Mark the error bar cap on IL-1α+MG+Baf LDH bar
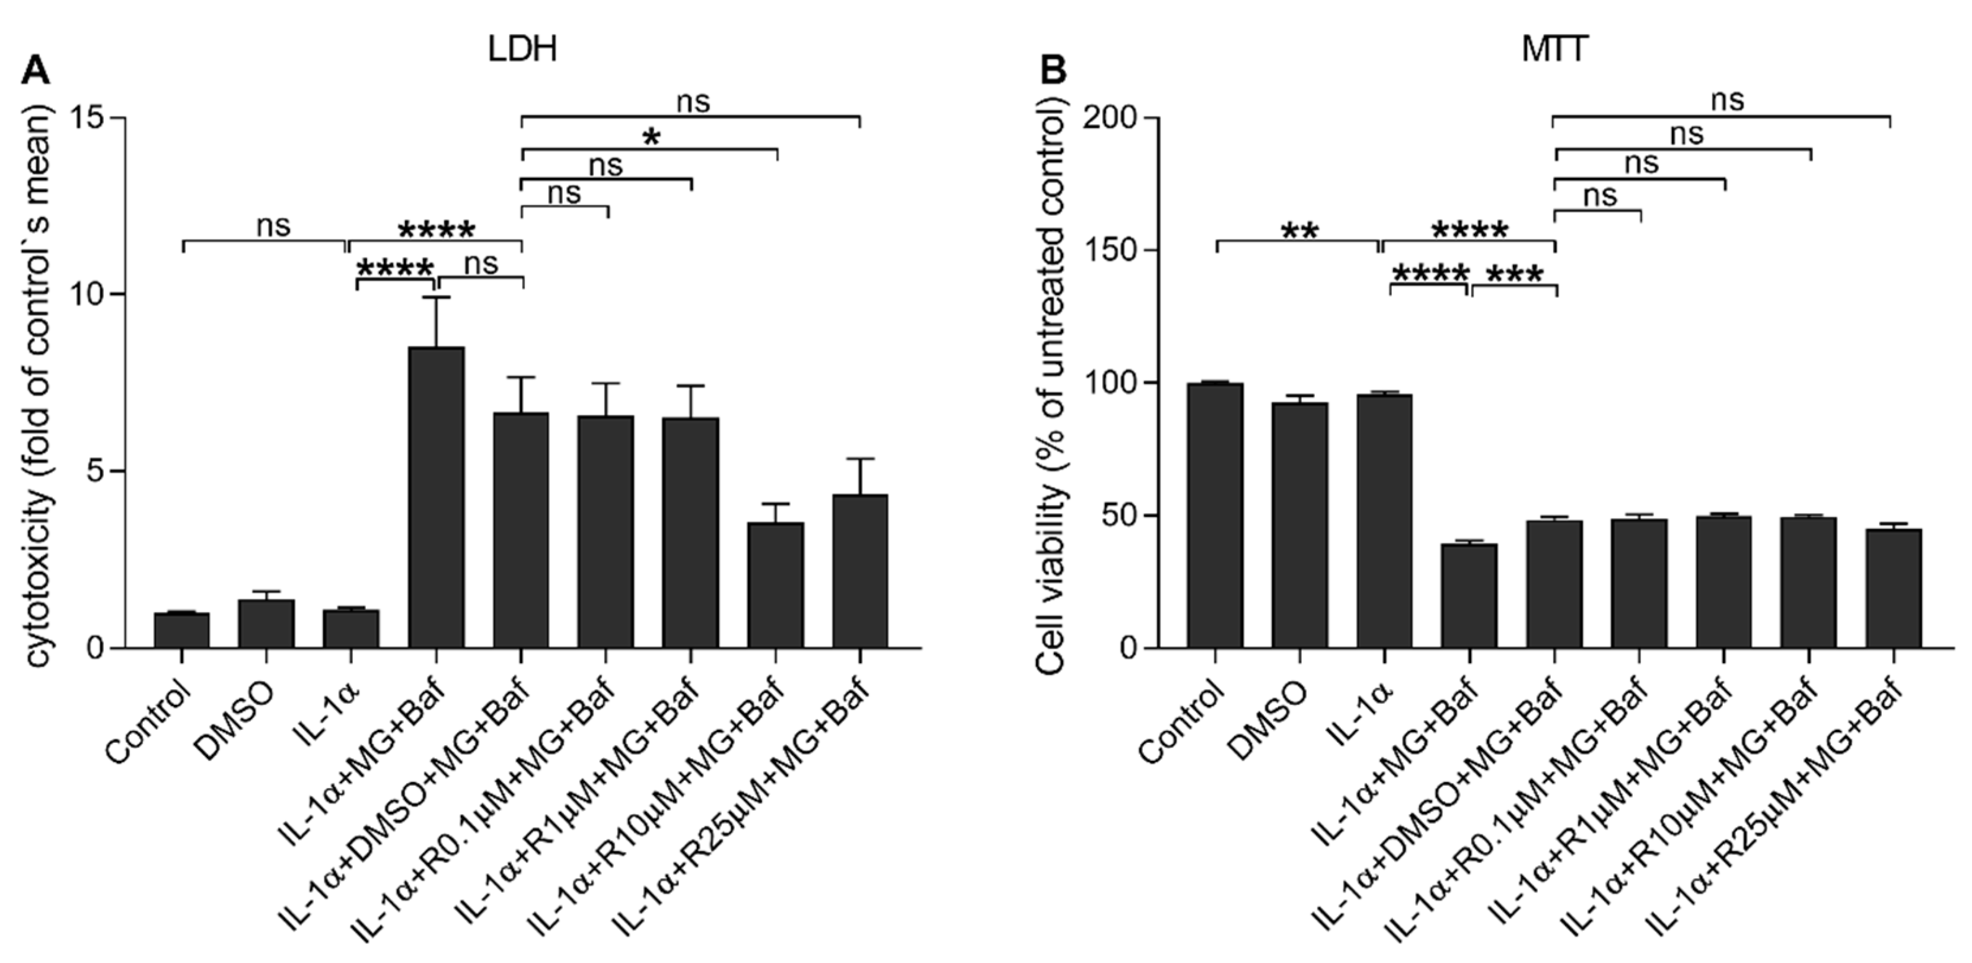pos(437,297)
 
